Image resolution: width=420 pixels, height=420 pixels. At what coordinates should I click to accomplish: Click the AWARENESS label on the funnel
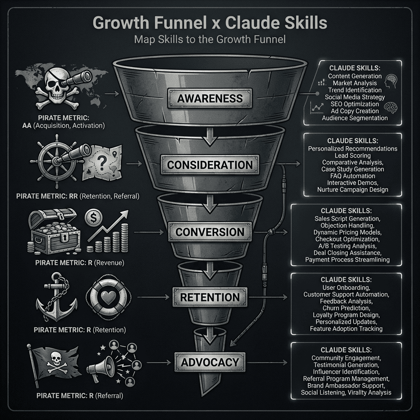(210, 98)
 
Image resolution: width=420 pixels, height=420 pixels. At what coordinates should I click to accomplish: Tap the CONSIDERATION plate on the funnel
(210, 165)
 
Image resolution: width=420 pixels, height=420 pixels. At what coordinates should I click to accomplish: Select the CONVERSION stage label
(210, 232)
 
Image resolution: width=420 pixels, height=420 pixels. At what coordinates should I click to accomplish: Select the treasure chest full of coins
(51, 230)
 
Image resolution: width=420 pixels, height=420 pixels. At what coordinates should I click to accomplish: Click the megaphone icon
(103, 365)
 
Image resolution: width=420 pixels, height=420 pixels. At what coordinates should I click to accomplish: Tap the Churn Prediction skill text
(346, 308)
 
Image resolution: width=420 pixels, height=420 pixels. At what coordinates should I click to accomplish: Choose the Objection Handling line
(346, 225)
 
